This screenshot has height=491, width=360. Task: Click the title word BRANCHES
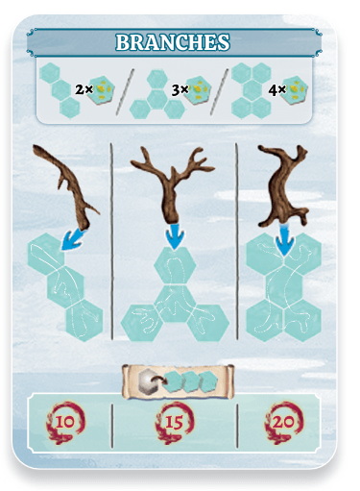point(173,42)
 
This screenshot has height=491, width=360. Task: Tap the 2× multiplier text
point(84,89)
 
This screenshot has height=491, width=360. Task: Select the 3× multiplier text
point(180,90)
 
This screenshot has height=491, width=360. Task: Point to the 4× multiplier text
point(276,90)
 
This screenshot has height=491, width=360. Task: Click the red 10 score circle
point(65,423)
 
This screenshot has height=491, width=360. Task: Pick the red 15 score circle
point(175,423)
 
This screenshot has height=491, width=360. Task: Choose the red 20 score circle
point(283,423)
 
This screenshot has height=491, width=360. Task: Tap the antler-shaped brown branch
point(172,184)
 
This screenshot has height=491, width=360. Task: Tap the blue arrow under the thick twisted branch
point(284,240)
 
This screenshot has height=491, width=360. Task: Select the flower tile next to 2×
point(102,89)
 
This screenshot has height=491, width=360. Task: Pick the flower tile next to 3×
point(198,90)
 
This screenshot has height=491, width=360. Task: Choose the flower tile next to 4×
point(295,90)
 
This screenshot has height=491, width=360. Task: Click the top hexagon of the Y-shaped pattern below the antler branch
point(175,266)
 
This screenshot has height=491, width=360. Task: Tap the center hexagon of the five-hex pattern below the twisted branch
point(284,284)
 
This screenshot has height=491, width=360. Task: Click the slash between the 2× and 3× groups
point(125,92)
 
